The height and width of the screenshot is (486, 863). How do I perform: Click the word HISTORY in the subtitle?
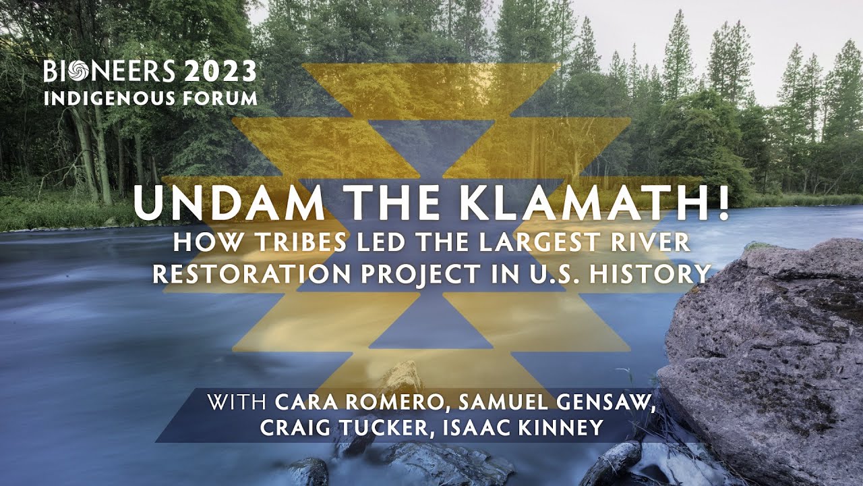657,273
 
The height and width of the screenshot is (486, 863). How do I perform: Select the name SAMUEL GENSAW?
554,403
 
